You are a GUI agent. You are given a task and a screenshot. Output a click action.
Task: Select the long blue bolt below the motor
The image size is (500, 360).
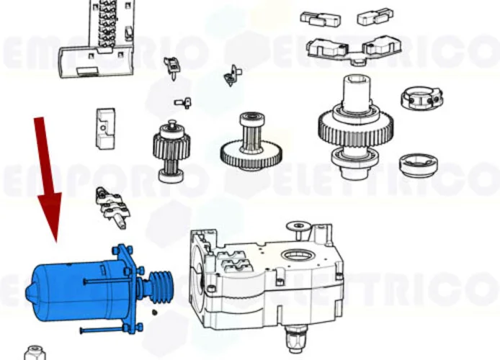click(x=108, y=331)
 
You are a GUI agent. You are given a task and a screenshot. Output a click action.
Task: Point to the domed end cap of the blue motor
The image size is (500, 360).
click(x=32, y=292)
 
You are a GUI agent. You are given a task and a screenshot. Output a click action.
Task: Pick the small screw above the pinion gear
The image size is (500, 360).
click(x=183, y=105)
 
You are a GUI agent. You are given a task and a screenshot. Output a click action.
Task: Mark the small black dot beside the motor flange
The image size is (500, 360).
click(x=153, y=312)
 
